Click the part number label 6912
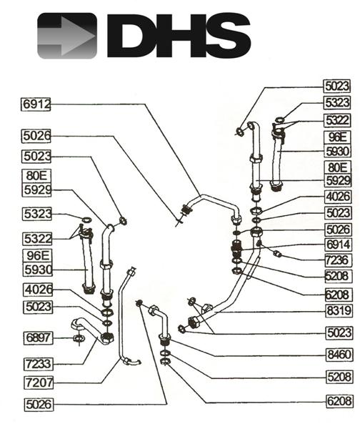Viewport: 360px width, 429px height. pyautogui.click(x=36, y=104)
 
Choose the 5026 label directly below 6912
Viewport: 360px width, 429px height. pyautogui.click(x=36, y=135)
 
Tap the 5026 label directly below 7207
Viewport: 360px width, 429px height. pyautogui.click(x=36, y=404)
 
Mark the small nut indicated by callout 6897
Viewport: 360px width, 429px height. pyautogui.click(x=76, y=337)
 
